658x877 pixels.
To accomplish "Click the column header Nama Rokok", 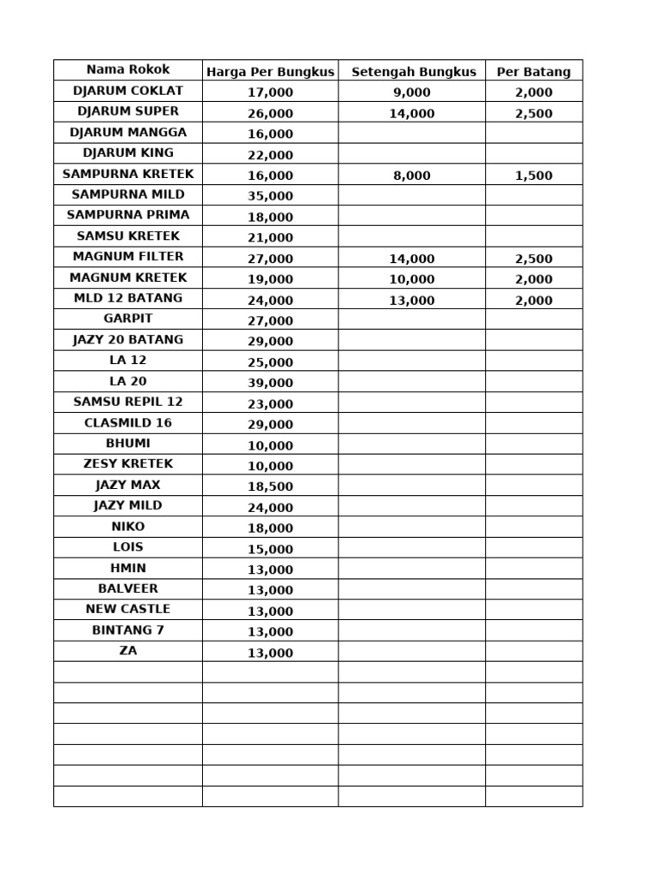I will click(128, 69).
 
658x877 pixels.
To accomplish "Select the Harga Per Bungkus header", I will click(270, 72).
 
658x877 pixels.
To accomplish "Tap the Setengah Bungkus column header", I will click(413, 72).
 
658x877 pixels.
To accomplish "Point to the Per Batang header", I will click(534, 72).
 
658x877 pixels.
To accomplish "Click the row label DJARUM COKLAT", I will click(128, 91).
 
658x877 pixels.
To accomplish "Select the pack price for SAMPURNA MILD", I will click(270, 196).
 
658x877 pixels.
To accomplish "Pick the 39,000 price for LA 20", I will click(270, 383).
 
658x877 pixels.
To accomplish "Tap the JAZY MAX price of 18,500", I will click(270, 486).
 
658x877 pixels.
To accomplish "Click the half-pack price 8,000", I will click(412, 176).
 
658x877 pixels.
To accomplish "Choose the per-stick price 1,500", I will click(534, 176).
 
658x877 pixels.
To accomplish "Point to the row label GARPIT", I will click(128, 319).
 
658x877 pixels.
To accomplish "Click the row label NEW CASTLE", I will click(128, 609).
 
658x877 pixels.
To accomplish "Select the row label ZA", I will click(128, 651).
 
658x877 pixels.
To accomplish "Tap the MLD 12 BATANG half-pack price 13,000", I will click(412, 301).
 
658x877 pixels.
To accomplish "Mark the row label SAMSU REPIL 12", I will click(128, 402).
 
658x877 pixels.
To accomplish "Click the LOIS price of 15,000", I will click(270, 549).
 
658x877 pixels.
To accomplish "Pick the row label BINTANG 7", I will click(128, 630).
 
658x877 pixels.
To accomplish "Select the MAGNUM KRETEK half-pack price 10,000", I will click(412, 279).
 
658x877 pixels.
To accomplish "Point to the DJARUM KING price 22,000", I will click(270, 155).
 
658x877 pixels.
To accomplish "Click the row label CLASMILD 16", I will click(128, 422).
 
